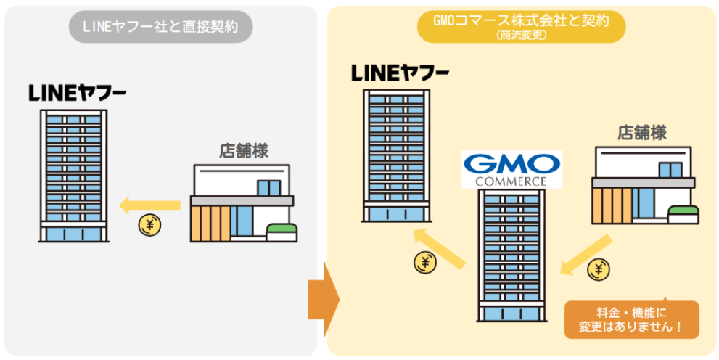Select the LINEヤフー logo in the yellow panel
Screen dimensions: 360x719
pyautogui.click(x=400, y=73)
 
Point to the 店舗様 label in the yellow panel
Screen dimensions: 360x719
pyautogui.click(x=642, y=132)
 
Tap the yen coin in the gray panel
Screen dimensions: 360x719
pyautogui.click(x=149, y=226)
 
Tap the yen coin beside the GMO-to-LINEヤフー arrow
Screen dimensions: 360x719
pyautogui.click(x=425, y=262)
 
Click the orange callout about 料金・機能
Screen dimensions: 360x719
pyautogui.click(x=631, y=319)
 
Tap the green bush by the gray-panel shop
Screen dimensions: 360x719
pyautogui.click(x=282, y=232)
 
